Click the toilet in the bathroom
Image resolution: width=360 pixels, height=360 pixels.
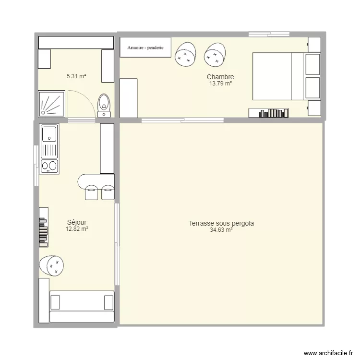[104, 106]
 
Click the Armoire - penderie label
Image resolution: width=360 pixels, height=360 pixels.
[145, 48]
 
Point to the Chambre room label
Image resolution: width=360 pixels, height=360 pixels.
[220, 77]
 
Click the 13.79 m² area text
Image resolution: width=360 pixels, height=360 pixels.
[220, 84]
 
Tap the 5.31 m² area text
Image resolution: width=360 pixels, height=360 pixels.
[76, 76]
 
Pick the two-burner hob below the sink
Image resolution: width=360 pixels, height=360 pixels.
[49, 166]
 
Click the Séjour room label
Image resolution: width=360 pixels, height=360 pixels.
[77, 222]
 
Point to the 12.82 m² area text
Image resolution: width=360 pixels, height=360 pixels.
[77, 229]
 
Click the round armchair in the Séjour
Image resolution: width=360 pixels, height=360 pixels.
[52, 265]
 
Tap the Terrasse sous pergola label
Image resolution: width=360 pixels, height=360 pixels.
[221, 223]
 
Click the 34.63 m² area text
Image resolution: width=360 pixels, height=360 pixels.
[221, 230]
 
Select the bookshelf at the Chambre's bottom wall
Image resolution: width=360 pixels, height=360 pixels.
[269, 113]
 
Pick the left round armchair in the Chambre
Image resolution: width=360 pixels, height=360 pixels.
[185, 54]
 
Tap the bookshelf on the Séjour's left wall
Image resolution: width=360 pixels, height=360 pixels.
[44, 227]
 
